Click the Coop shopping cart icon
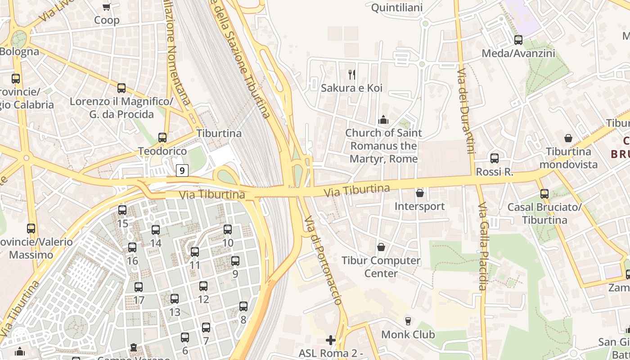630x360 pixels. pyautogui.click(x=107, y=7)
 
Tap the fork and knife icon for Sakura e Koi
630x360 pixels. pyautogui.click(x=352, y=74)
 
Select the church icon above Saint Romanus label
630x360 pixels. pyautogui.click(x=383, y=120)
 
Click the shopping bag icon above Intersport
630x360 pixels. pyautogui.click(x=420, y=193)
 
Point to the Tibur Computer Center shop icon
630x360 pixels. pyautogui.click(x=381, y=247)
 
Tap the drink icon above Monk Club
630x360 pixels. pyautogui.click(x=408, y=321)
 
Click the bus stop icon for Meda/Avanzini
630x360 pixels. pyautogui.click(x=518, y=40)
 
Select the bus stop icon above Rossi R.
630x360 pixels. pyautogui.click(x=495, y=158)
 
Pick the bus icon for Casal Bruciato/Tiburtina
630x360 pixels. pyautogui.click(x=544, y=194)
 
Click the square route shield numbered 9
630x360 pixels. pyautogui.click(x=182, y=171)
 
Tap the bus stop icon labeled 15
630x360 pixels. pyautogui.click(x=122, y=210)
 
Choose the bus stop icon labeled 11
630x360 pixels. pyautogui.click(x=195, y=252)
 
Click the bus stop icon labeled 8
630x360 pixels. pyautogui.click(x=243, y=306)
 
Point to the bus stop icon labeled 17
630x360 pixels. pyautogui.click(x=139, y=287)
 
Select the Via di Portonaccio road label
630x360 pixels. pyautogui.click(x=324, y=261)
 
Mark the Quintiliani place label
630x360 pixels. pyautogui.click(x=397, y=8)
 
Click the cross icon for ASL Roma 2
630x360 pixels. pyautogui.click(x=331, y=340)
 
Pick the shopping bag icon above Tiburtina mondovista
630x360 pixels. pyautogui.click(x=568, y=138)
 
